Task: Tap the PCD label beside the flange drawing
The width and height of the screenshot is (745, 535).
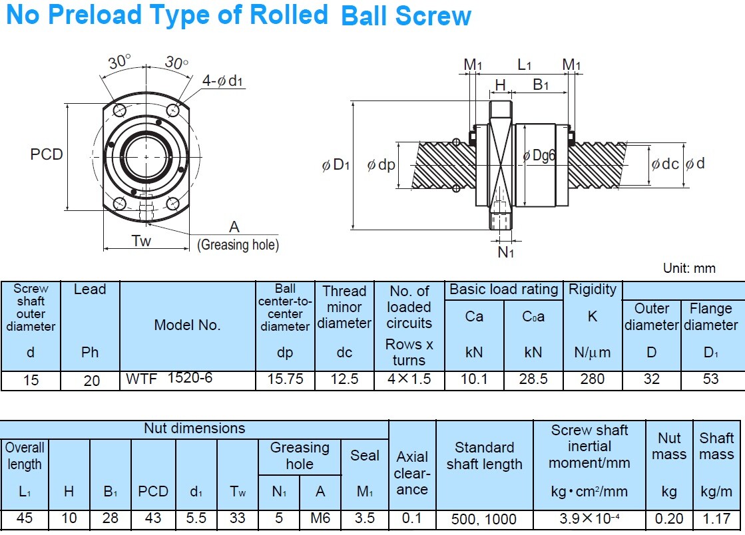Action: click(47, 154)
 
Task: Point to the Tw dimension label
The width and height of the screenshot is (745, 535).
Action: click(141, 241)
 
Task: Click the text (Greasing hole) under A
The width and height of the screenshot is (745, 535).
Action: click(238, 245)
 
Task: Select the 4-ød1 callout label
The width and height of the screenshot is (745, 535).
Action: click(223, 81)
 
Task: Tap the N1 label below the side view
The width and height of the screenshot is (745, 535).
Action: click(506, 252)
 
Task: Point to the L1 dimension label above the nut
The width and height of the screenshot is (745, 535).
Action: click(525, 65)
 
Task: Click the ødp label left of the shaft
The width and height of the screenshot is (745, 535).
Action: click(381, 165)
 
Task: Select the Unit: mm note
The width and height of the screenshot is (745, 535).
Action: click(689, 268)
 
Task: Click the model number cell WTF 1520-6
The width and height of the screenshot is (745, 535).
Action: click(170, 379)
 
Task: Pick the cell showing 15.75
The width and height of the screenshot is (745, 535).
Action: click(285, 379)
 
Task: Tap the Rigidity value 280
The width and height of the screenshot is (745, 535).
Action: click(593, 379)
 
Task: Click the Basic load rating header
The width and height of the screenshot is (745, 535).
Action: click(503, 289)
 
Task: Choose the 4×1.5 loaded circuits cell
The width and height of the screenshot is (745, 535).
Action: click(409, 379)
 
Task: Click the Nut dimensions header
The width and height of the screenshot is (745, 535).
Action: click(194, 429)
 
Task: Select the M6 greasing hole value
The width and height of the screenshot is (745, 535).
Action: click(320, 518)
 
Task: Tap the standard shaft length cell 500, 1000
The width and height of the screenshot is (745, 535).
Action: click(484, 518)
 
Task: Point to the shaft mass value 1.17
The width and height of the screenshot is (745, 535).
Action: click(716, 518)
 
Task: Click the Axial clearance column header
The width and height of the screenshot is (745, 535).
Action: click(412, 473)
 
